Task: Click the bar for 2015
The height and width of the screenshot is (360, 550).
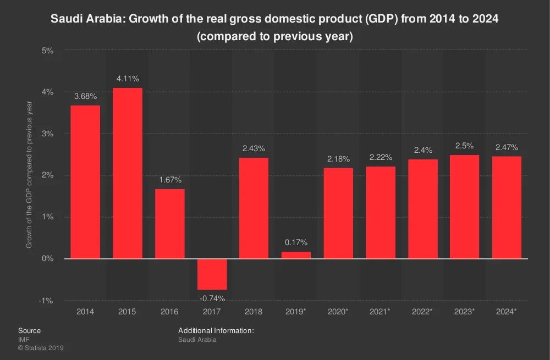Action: [x=128, y=173]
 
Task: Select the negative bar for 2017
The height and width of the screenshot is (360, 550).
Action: [x=212, y=274]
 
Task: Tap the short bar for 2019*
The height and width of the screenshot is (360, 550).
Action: [x=296, y=255]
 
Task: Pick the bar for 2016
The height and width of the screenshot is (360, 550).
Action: [x=169, y=224]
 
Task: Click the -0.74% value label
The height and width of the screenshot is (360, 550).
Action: [x=212, y=298]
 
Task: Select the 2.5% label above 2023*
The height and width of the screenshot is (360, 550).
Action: [x=464, y=146]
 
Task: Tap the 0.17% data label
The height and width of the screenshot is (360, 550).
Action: [x=296, y=242]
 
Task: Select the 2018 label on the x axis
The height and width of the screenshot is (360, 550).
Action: [x=254, y=312]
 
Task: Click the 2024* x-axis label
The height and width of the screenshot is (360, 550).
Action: [x=507, y=312]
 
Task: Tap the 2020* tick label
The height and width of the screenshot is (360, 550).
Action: [x=338, y=312]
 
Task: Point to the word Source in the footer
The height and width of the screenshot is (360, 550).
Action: [x=29, y=331]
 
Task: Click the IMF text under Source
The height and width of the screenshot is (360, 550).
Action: [x=23, y=340]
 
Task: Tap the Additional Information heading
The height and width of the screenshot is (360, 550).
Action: [x=216, y=331]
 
